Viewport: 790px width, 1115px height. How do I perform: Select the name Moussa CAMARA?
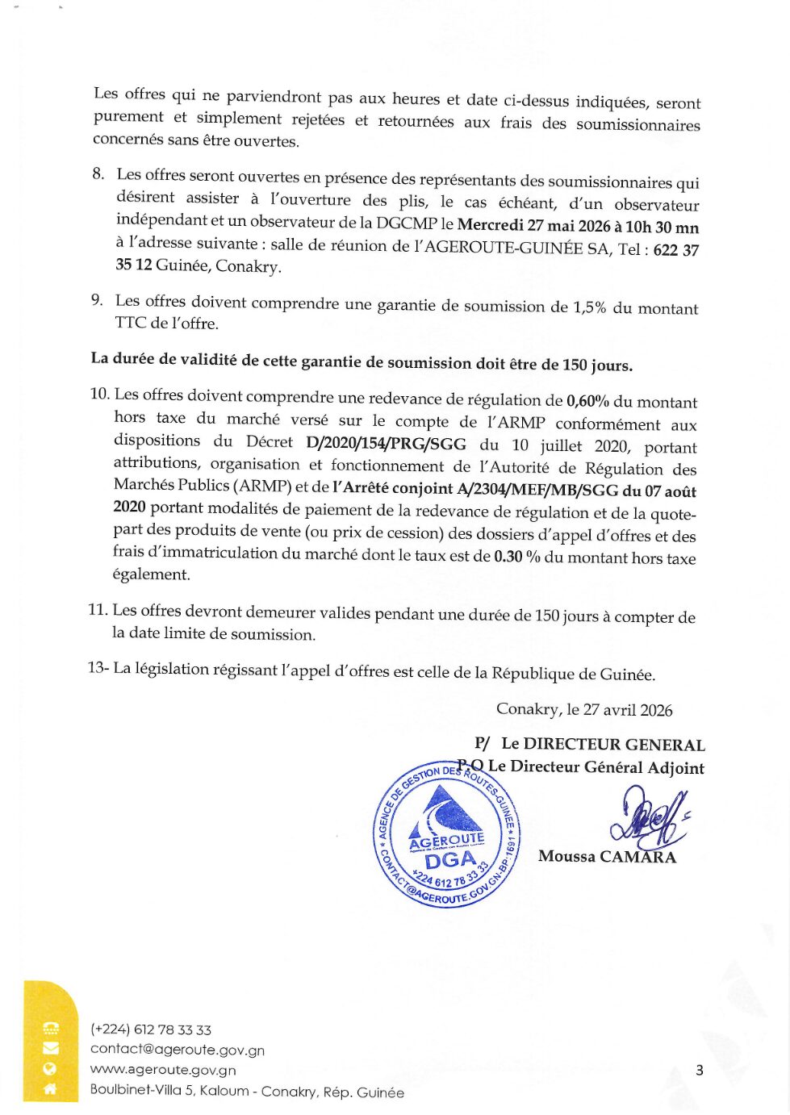pos(607,857)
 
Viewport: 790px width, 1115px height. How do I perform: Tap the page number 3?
pos(699,1071)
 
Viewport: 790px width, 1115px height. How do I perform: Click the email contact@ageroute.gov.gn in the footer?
pos(178,1050)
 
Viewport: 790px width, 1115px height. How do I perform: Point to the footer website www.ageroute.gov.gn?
pos(163,1070)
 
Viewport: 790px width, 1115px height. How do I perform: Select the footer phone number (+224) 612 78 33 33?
pos(151,1029)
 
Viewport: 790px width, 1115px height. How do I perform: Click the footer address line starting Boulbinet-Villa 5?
pos(247,1092)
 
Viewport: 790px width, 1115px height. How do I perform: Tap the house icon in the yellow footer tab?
pos(50,1088)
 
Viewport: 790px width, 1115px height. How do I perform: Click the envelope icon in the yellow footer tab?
pos(50,1048)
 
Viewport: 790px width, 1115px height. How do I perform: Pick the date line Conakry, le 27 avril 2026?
pos(584,710)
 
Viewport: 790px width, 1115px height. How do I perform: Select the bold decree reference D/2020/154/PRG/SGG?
pos(387,444)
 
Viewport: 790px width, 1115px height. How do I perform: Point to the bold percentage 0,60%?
pos(587,401)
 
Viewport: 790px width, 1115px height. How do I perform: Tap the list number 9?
pos(97,300)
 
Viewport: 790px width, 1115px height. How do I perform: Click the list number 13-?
pos(98,668)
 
